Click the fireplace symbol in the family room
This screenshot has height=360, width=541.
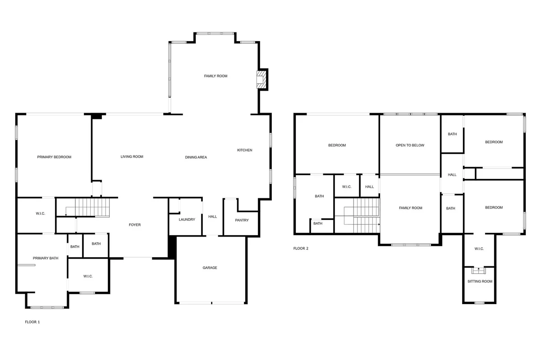[261, 79]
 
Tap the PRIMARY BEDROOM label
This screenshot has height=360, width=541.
[54, 157]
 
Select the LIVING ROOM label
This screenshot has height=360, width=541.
[132, 156]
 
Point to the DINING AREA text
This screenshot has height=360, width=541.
[196, 157]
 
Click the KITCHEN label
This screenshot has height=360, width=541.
[245, 150]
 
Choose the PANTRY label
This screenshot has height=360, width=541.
[242, 220]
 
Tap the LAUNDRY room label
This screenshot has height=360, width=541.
[187, 219]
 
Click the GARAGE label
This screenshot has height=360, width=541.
[210, 268]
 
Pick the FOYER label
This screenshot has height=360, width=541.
[134, 224]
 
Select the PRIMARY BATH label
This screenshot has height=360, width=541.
[46, 258]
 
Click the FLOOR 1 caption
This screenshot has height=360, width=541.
[32, 322]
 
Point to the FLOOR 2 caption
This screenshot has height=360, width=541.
[301, 248]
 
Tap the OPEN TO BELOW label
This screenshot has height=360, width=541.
[410, 145]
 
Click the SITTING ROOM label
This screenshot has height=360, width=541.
[480, 281]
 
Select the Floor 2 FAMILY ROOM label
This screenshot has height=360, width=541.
[410, 208]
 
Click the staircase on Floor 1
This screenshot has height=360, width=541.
[92, 207]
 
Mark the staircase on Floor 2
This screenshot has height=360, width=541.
[366, 216]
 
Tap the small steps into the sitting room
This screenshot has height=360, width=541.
[478, 271]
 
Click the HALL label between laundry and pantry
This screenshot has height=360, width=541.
[212, 216]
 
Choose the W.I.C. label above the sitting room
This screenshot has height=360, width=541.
[479, 249]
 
